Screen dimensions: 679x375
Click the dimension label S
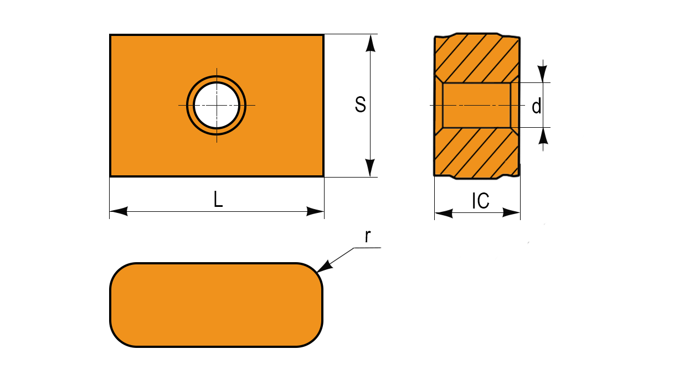[361, 105]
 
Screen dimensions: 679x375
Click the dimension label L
[218, 199]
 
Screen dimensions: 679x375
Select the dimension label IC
[481, 201]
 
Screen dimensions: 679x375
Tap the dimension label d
[537, 106]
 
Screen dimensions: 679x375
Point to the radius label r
[368, 236]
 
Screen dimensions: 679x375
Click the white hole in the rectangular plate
[217, 105]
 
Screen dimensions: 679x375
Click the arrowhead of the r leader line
[325, 266]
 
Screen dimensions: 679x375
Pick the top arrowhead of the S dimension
[370, 43]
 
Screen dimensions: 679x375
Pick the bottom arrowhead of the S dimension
[370, 168]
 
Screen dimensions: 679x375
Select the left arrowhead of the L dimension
[119, 211]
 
